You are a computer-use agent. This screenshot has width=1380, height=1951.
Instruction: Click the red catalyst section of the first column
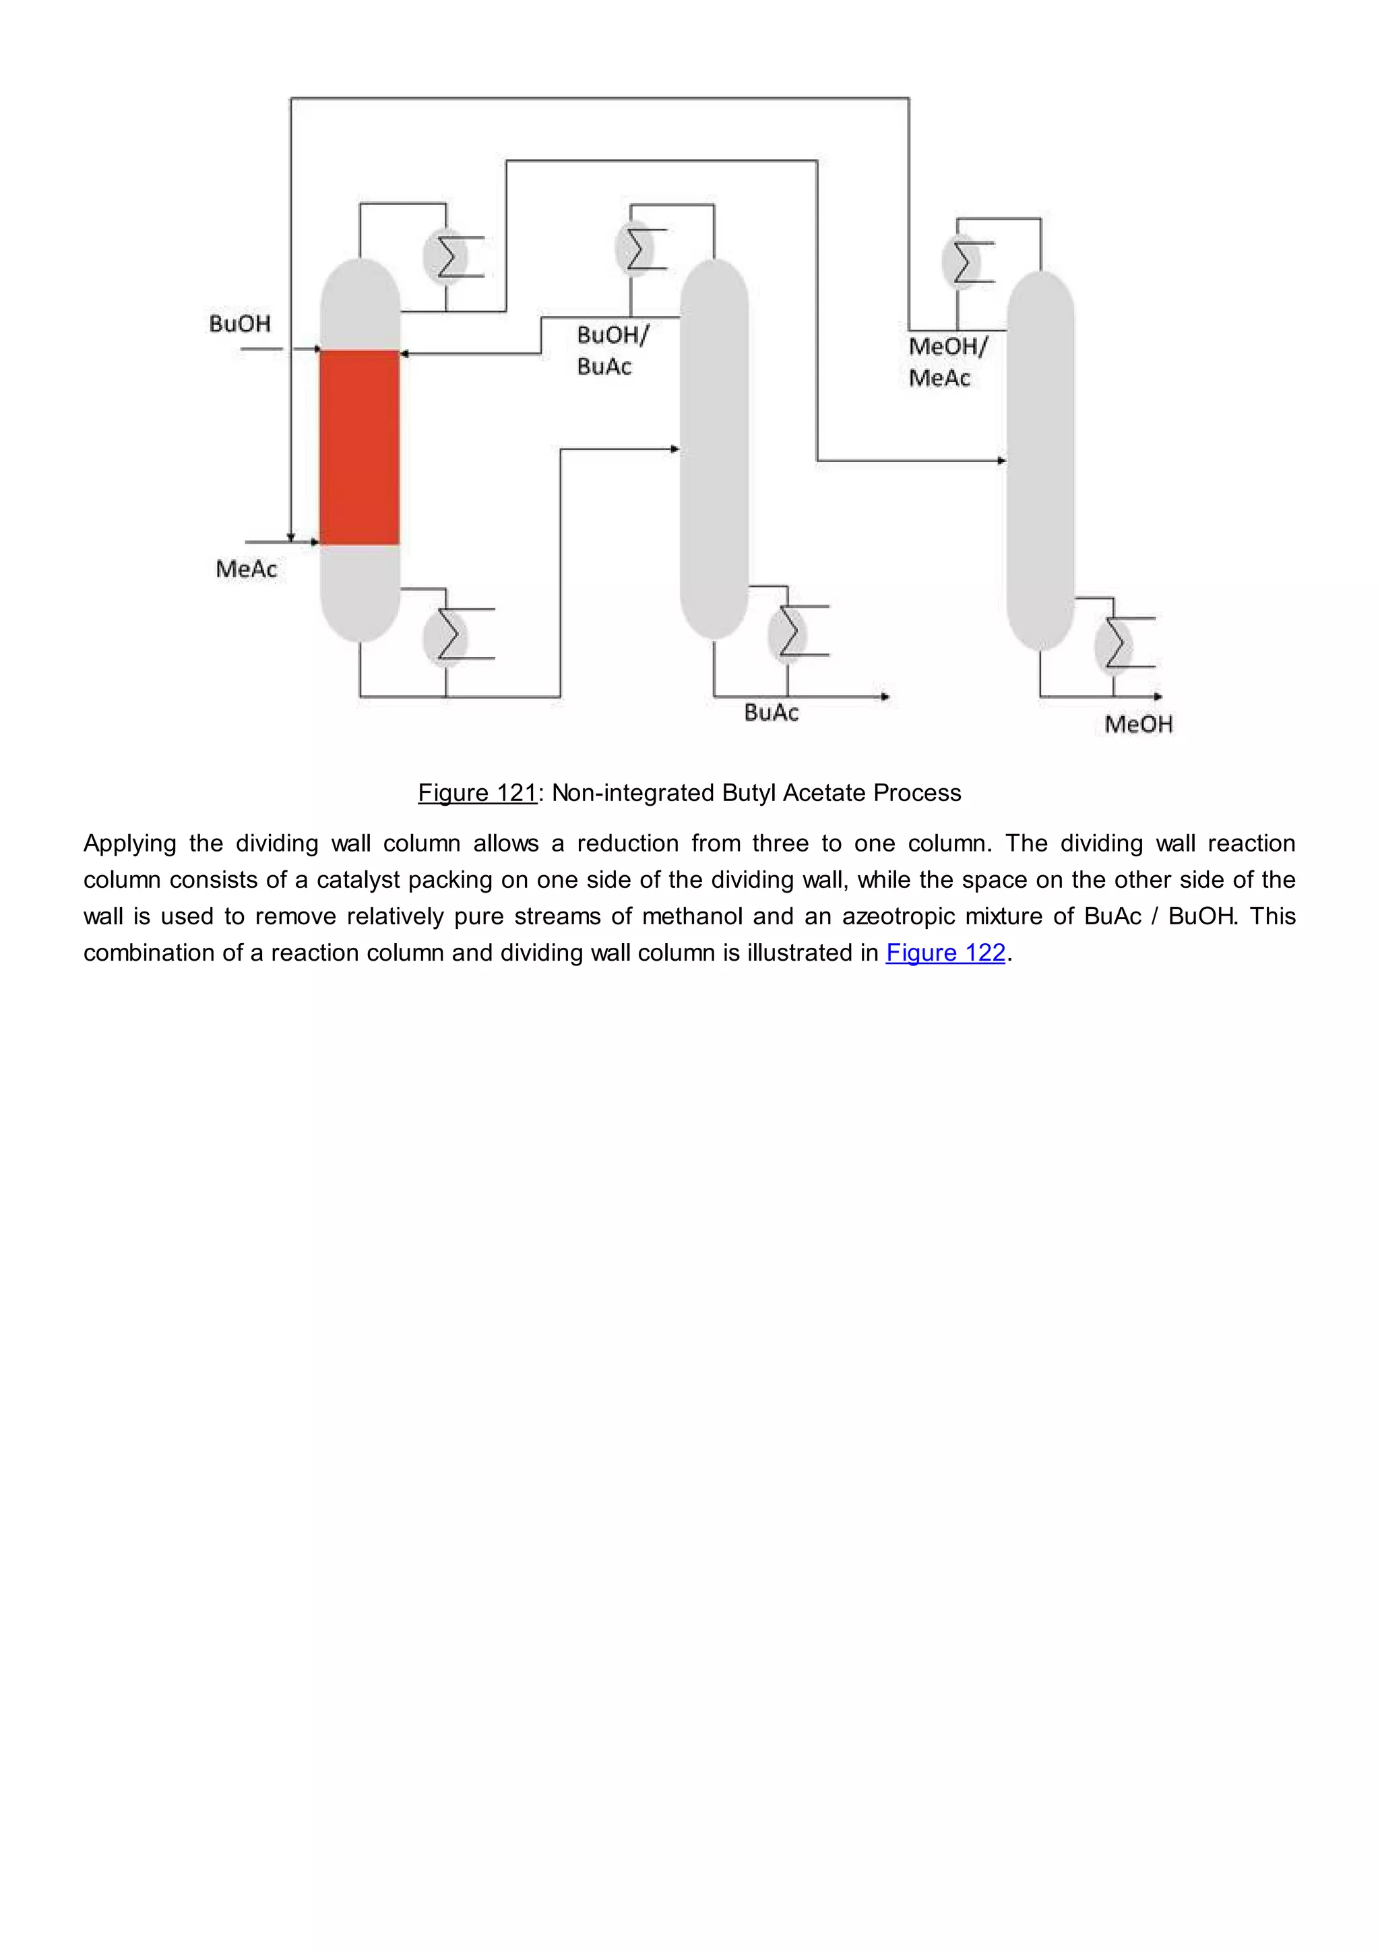coord(359,447)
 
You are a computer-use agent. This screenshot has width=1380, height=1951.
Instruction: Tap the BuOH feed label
coord(240,324)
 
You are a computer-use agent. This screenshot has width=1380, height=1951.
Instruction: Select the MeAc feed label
coord(247,569)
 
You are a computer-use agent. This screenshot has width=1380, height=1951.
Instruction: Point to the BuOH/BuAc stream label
coord(611,350)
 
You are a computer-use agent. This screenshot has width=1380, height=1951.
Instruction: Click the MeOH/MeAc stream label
coord(947,361)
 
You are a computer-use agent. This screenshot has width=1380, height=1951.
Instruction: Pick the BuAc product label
coord(771,712)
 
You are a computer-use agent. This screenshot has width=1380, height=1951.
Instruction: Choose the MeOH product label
coord(1138,724)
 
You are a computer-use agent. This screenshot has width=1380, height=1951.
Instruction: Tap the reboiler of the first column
coord(446,635)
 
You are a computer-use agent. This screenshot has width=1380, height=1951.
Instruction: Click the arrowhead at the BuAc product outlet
coord(885,697)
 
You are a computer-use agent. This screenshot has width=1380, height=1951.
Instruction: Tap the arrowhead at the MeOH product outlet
coord(1158,697)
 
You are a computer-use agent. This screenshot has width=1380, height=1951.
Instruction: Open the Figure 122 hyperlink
coord(945,953)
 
